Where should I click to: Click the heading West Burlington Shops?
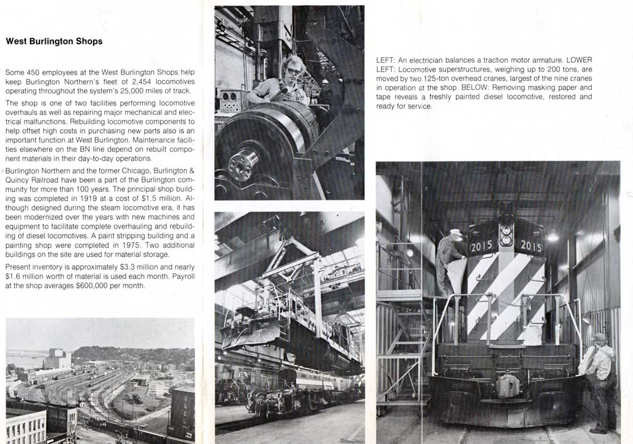tap(54, 41)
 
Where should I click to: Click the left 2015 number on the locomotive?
tap(481, 246)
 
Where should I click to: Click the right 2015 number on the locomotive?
tap(531, 246)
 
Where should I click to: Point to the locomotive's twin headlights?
tap(506, 235)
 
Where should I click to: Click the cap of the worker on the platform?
tap(456, 232)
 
